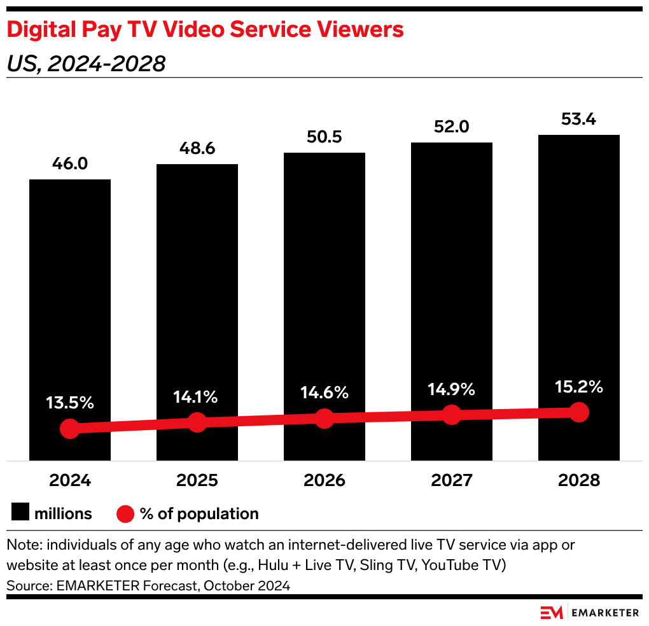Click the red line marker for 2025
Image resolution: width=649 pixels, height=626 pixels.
click(197, 422)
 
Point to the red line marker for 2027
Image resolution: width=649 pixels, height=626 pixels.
click(452, 415)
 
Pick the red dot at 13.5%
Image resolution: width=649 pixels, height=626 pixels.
click(70, 428)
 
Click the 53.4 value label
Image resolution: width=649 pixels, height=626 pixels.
click(579, 118)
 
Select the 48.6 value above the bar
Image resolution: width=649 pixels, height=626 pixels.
click(197, 148)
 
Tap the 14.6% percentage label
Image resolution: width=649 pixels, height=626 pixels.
click(324, 393)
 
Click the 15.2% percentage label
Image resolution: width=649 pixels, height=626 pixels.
click(579, 387)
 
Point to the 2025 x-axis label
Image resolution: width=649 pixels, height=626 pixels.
click(197, 480)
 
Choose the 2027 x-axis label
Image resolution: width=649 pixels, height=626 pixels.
click(452, 480)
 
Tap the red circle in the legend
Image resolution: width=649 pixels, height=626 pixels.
click(126, 513)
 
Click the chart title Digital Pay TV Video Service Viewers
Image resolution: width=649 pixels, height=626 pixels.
click(205, 30)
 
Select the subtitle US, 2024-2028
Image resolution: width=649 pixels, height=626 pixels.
click(86, 64)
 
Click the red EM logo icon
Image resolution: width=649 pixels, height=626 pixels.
click(552, 613)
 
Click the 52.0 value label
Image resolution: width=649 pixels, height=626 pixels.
click(452, 127)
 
